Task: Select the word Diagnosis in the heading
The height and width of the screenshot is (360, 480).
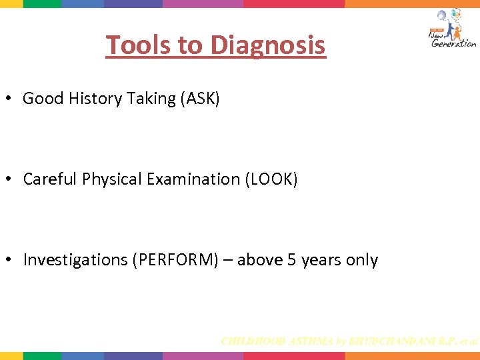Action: pyautogui.click(x=268, y=45)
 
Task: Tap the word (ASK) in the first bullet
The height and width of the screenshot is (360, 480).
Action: pyautogui.click(x=199, y=99)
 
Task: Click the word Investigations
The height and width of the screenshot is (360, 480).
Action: pyautogui.click(x=75, y=260)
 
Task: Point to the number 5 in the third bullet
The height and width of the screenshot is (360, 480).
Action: pyautogui.click(x=291, y=260)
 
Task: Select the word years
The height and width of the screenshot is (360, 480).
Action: pyautogui.click(x=321, y=260)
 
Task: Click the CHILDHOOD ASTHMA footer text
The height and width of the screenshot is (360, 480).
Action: pyautogui.click(x=349, y=341)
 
